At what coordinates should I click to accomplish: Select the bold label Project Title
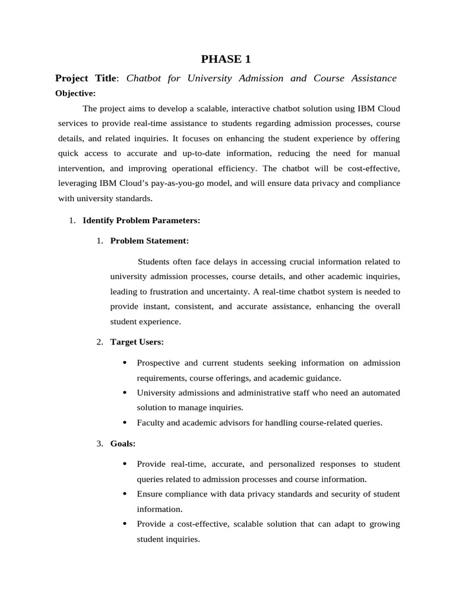pyautogui.click(x=87, y=78)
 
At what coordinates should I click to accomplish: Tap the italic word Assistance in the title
pyautogui.click(x=372, y=78)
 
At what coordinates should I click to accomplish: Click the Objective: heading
pyautogui.click(x=75, y=93)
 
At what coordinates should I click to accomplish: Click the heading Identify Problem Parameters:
pyautogui.click(x=141, y=220)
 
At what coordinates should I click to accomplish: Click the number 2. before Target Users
pyautogui.click(x=100, y=342)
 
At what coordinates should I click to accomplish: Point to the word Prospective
pyautogui.click(x=158, y=363)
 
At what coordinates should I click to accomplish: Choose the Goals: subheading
pyautogui.click(x=123, y=444)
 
